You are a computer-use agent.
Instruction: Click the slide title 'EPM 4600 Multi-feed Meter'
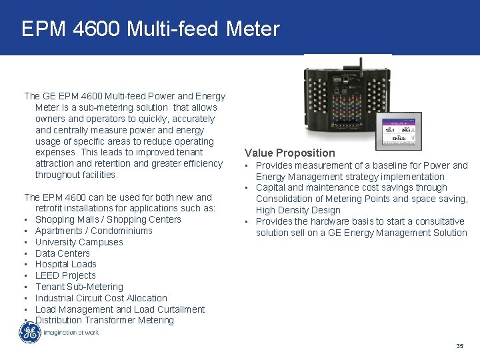coord(151,29)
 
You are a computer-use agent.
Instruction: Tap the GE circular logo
coord(29,332)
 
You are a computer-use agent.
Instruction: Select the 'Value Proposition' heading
coord(289,153)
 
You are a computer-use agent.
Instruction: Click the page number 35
coord(459,346)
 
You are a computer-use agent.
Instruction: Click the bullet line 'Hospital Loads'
coord(66,264)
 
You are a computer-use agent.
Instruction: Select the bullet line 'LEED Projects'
coord(65,275)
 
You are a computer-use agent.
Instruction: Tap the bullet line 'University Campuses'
coord(79,242)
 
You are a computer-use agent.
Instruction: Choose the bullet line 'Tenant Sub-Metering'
coord(79,287)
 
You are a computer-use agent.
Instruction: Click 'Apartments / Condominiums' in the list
coord(94,231)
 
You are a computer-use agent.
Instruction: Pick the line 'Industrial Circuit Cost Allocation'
coord(101,298)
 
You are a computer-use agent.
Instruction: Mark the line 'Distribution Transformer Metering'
coord(105,320)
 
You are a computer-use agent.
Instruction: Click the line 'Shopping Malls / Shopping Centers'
coord(108,219)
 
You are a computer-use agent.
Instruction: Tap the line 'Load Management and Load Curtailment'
coord(120,309)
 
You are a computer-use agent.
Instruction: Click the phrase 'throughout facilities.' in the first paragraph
coord(77,175)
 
